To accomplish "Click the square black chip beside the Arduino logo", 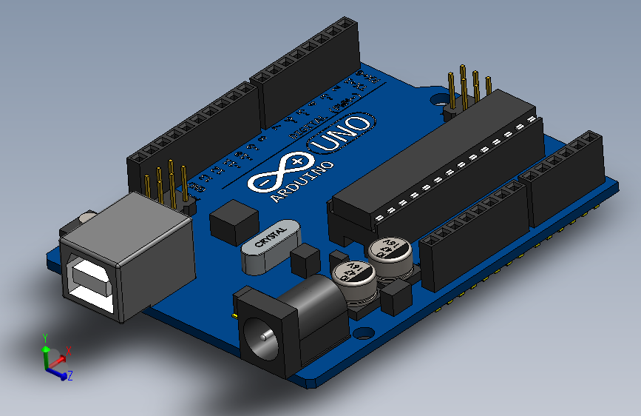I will (234, 221).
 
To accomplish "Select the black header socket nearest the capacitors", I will (473, 237).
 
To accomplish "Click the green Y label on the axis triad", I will (44, 337).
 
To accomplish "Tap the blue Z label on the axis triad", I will (70, 376).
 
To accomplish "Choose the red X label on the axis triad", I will (68, 349).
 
